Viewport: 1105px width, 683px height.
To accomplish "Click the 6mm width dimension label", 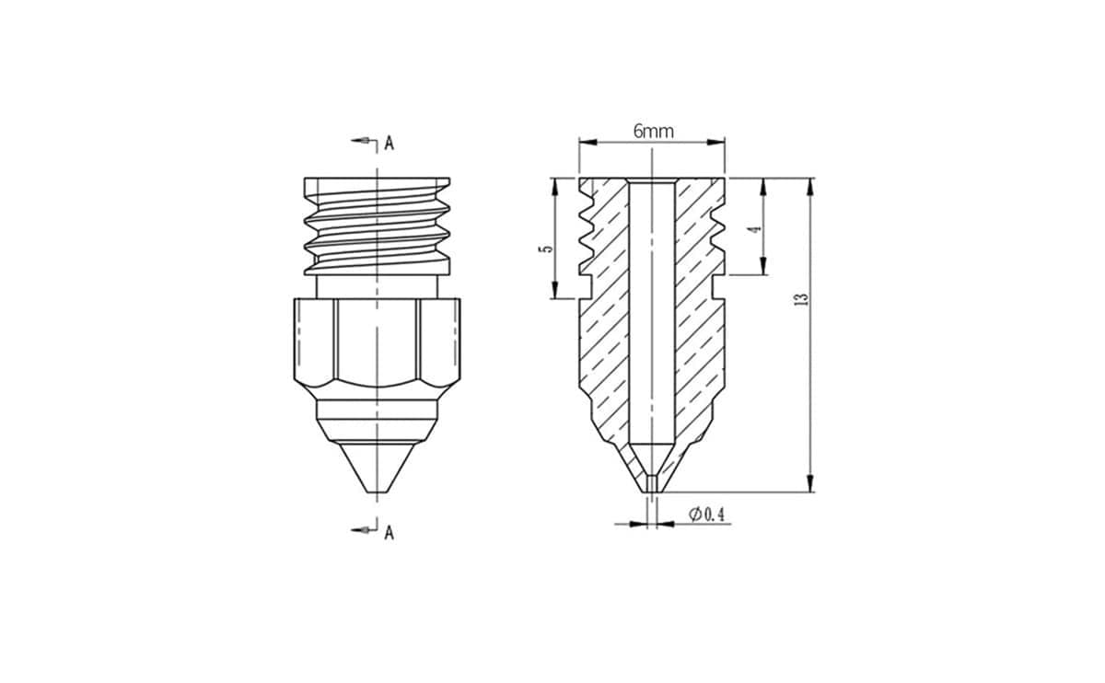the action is click(x=653, y=132).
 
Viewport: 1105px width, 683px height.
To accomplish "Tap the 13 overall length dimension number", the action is click(x=803, y=299).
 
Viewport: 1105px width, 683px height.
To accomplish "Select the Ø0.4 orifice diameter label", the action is click(x=706, y=515).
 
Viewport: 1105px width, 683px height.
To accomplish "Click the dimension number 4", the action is click(x=754, y=229).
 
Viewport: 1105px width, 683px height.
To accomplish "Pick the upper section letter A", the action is click(x=390, y=144).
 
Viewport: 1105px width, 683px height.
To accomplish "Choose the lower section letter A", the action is click(x=390, y=533).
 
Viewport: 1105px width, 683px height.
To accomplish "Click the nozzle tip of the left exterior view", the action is click(x=377, y=492).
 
